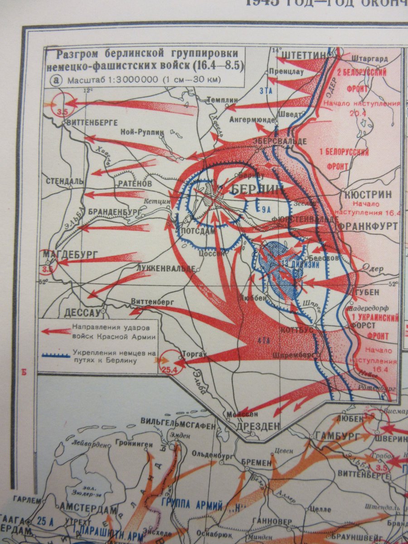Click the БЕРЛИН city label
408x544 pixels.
point(256,189)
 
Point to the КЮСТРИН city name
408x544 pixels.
point(366,194)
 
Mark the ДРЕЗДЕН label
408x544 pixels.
point(258,426)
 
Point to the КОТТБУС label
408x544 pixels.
point(297,330)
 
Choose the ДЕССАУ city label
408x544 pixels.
point(82,312)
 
